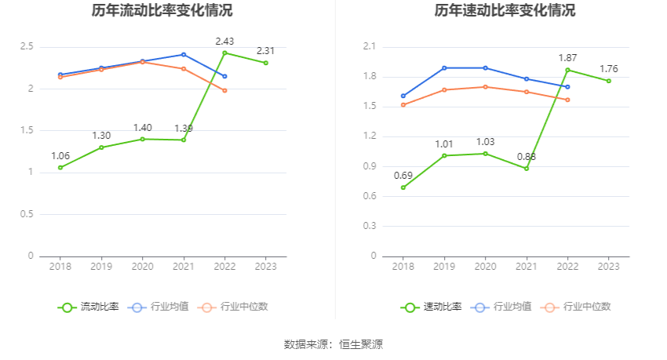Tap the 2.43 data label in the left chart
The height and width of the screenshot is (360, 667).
224,41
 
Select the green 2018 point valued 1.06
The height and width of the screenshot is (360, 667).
60,167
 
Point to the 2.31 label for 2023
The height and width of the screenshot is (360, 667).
266,51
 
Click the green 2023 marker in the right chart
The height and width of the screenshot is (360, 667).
608,81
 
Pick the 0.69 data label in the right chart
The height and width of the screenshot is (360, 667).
403,175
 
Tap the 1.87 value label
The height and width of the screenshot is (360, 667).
567,58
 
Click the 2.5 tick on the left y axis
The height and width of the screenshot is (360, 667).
27,47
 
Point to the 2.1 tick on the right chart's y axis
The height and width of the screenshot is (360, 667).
370,47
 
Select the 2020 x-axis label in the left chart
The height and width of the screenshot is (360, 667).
142,267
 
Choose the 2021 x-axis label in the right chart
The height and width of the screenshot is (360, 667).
527,267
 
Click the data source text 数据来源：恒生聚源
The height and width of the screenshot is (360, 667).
333,344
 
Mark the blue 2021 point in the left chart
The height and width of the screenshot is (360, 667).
184,54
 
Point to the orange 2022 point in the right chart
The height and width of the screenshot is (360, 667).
567,100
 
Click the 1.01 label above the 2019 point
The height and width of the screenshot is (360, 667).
444,144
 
